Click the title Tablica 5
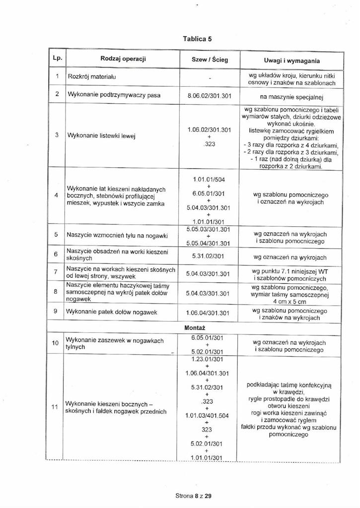(x=200, y=38)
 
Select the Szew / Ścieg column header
(x=210, y=60)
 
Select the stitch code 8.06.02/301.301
(x=210, y=94)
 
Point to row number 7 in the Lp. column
(x=57, y=272)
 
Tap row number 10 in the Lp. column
(x=57, y=343)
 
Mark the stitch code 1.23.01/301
(x=209, y=359)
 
